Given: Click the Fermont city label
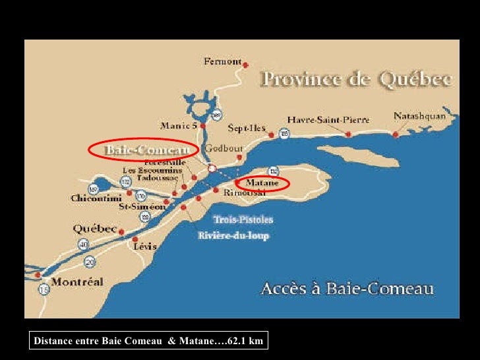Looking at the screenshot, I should [x=222, y=61].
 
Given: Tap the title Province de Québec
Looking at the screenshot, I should [x=357, y=80].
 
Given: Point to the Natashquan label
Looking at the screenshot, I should [x=420, y=115].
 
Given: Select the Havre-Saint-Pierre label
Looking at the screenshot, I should [x=328, y=119].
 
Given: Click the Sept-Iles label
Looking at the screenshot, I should [x=247, y=127].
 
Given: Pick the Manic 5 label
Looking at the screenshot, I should [x=178, y=125].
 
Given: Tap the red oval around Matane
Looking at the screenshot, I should [x=262, y=182].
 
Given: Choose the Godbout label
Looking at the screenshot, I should [x=224, y=148].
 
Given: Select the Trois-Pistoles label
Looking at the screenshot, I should [x=243, y=220].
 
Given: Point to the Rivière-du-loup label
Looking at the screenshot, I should [x=233, y=235].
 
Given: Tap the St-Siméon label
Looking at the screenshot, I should [x=142, y=206].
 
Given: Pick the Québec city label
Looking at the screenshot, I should [x=95, y=229].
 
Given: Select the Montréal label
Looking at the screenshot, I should [x=77, y=282].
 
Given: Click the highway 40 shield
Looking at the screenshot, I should [x=84, y=244].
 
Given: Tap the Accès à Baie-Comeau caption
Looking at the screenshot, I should [x=347, y=288].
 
